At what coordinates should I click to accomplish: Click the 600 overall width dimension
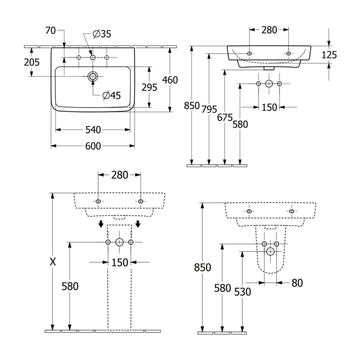(93, 146)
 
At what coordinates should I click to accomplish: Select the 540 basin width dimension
(93, 130)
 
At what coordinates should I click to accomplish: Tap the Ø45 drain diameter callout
(112, 95)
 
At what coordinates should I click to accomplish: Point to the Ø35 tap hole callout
(102, 34)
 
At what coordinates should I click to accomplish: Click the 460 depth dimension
(170, 80)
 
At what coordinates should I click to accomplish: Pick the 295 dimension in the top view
(149, 87)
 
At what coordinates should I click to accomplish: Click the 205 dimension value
(31, 62)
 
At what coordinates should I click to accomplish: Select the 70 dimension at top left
(50, 30)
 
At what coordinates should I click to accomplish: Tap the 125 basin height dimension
(329, 54)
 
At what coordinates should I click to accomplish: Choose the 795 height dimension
(209, 109)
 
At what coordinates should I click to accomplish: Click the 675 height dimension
(225, 117)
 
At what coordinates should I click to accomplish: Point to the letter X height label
(53, 262)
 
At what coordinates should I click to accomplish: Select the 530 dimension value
(243, 292)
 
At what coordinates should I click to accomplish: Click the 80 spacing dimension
(297, 283)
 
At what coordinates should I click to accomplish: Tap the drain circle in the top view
(93, 76)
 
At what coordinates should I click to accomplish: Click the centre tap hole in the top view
(93, 58)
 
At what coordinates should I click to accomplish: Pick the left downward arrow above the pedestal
(101, 224)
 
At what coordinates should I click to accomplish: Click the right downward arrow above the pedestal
(138, 224)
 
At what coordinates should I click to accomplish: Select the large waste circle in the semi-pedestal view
(270, 252)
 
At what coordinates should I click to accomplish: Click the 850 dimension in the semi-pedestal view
(202, 267)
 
